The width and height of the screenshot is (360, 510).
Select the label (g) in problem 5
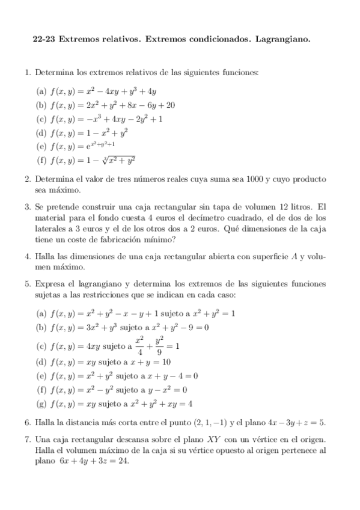pyautogui.click(x=41, y=404)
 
